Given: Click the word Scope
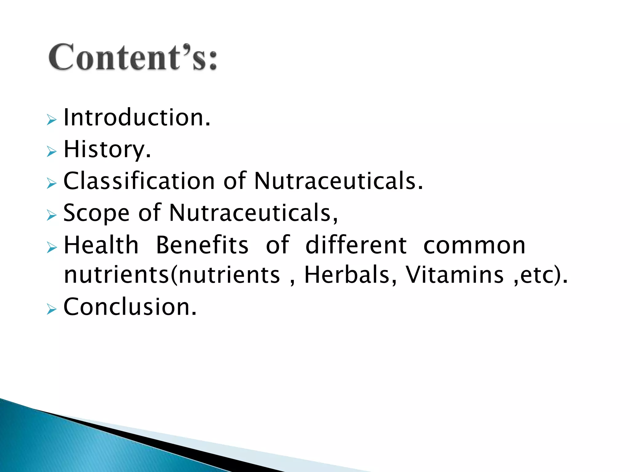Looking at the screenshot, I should (96, 213).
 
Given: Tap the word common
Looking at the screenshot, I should (474, 246).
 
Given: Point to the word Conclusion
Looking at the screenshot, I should (130, 307).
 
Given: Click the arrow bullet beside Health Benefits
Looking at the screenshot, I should (52, 247).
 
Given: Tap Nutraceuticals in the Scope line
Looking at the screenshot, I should (253, 213).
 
